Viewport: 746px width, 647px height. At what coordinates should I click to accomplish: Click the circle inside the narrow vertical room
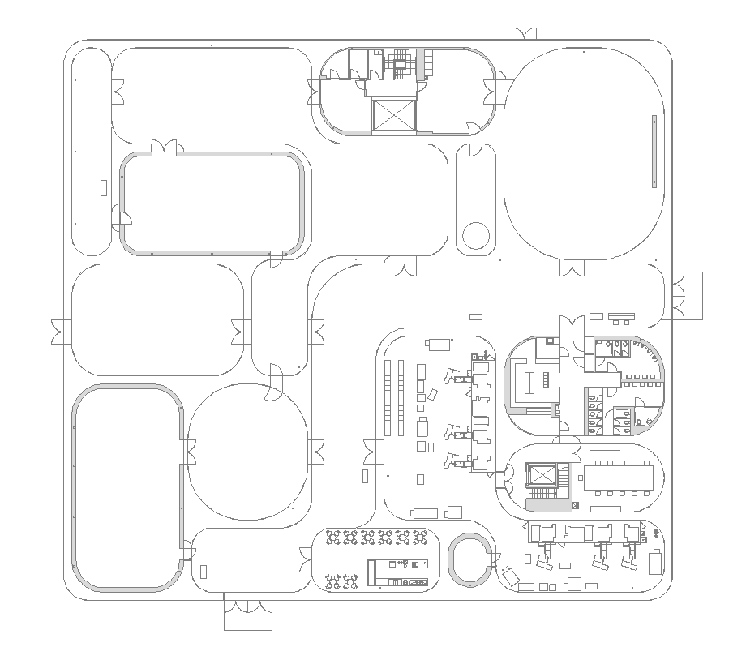click(476, 236)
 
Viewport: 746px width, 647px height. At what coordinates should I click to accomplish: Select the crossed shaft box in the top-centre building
click(394, 115)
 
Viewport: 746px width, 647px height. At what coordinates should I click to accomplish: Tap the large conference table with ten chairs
click(618, 478)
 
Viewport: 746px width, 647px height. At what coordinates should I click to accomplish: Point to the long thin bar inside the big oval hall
click(654, 152)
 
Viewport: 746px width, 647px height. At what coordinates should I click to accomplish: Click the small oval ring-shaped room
click(469, 559)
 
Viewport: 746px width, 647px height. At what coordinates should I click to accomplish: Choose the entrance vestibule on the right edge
click(687, 296)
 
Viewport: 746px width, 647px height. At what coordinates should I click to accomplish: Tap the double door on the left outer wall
click(59, 332)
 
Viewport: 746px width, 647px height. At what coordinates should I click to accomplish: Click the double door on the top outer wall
click(524, 33)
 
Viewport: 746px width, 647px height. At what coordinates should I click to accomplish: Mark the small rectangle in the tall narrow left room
click(103, 187)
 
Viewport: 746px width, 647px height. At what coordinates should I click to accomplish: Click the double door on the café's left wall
click(308, 559)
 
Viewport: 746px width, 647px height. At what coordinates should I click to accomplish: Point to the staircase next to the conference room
click(541, 495)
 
